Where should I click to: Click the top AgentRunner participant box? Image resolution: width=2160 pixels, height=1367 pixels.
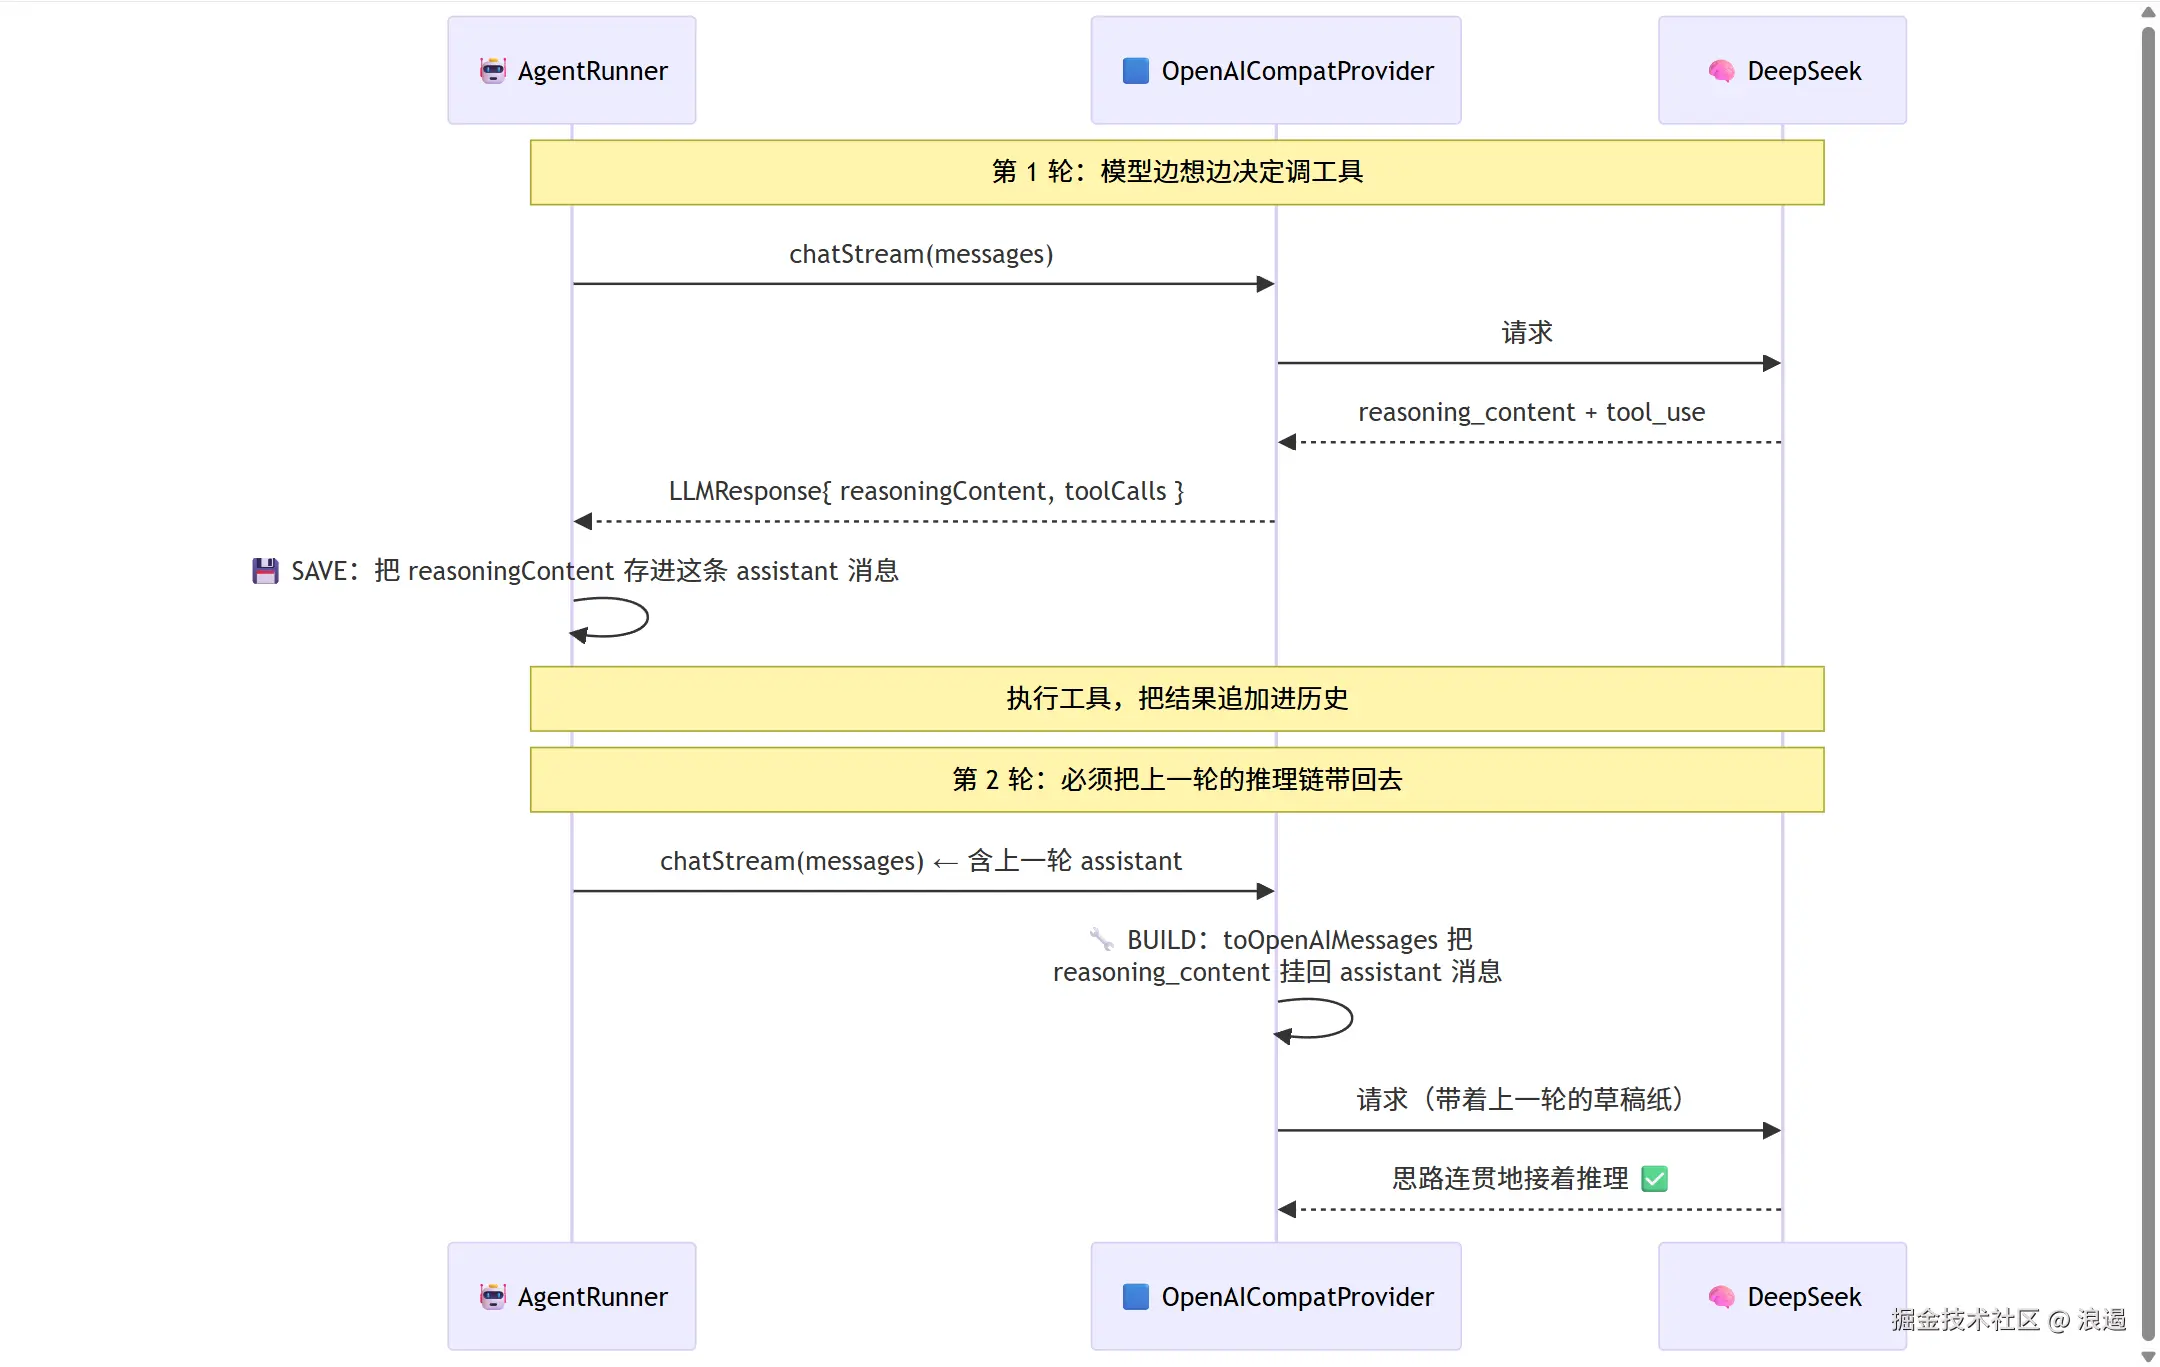572,70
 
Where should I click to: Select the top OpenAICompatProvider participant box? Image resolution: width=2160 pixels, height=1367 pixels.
1276,70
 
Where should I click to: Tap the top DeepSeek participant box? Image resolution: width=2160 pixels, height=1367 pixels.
1782,70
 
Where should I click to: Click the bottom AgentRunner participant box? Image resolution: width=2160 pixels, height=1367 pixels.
572,1296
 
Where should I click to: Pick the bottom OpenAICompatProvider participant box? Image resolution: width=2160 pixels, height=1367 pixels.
1276,1296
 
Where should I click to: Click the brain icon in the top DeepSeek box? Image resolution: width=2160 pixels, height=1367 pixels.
1721,71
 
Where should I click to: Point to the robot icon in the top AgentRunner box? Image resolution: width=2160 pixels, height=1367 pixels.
493,71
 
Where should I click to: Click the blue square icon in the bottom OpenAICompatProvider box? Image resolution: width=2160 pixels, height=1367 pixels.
1136,1297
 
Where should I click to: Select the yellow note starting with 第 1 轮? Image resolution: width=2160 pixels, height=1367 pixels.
1177,172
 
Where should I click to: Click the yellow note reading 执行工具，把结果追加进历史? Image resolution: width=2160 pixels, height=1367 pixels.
1177,699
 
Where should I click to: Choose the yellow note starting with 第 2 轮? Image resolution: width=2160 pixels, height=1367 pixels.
1177,780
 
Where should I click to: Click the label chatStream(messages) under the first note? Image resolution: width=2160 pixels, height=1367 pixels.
921,254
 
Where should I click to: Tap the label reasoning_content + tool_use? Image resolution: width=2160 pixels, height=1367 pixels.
1531,412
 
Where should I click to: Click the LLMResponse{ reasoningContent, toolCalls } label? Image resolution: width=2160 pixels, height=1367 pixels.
926,491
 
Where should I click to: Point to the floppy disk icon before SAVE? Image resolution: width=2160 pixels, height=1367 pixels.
265,571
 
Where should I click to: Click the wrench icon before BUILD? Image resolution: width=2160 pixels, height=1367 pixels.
1101,939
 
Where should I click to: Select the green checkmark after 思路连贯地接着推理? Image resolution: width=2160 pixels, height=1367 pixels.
1655,1179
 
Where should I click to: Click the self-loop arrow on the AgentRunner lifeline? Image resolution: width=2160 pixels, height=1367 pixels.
647,617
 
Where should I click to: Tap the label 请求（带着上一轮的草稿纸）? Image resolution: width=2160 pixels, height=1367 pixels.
1520,1100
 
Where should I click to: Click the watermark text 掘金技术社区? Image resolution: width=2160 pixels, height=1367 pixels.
1965,1320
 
